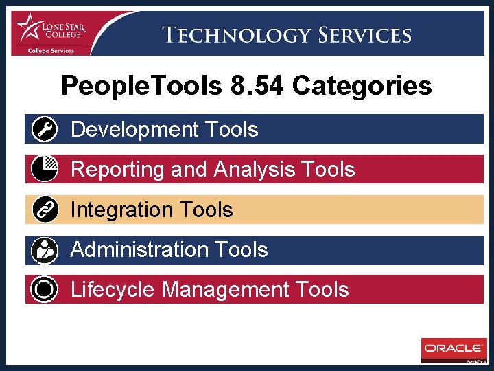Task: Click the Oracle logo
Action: [453, 348]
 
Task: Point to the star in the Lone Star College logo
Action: [29, 27]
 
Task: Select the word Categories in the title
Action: [362, 87]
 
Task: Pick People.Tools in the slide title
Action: [141, 87]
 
